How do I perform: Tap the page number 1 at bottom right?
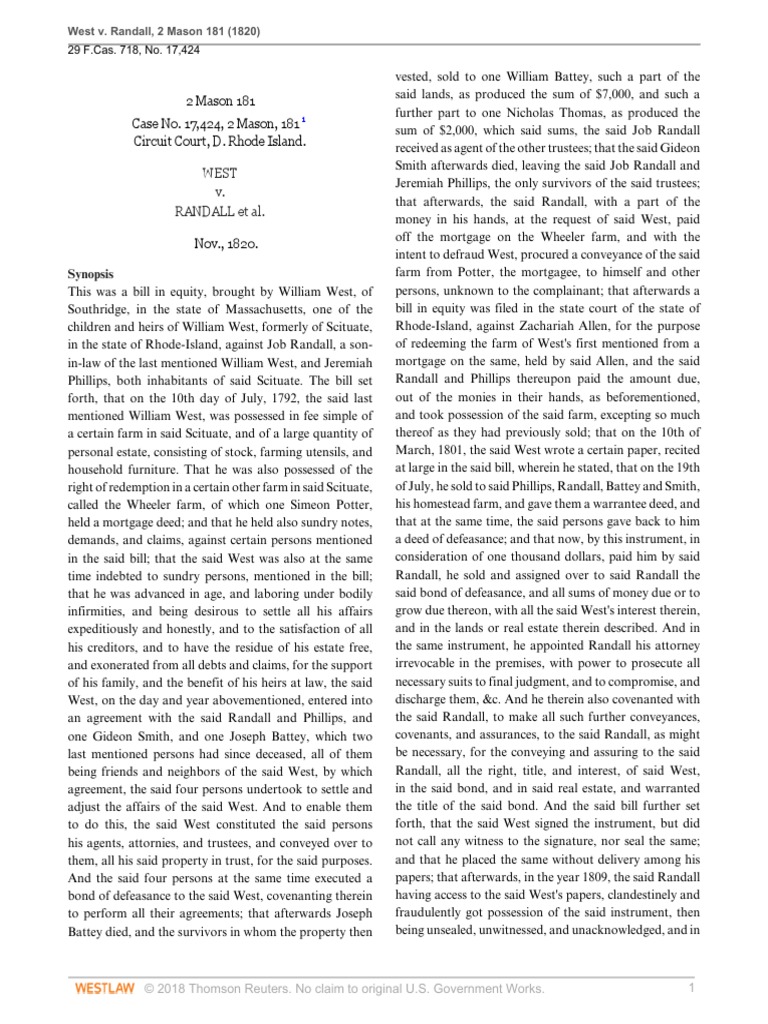691,989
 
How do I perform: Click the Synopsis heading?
90,273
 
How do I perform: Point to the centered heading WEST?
219,173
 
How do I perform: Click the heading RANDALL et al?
220,210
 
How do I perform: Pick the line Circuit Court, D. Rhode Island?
220,141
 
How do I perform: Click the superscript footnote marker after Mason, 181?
304,119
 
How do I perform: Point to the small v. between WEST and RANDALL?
219,191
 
